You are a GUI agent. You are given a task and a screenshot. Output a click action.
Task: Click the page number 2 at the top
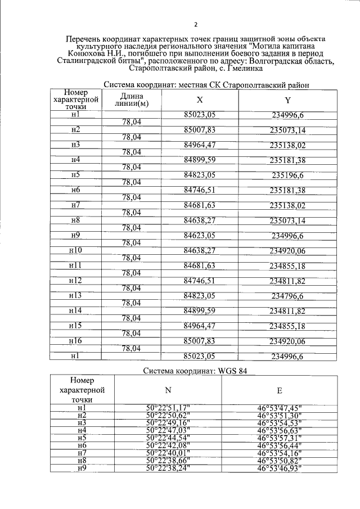[195, 24]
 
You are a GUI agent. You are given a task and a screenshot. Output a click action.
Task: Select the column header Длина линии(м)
[131, 100]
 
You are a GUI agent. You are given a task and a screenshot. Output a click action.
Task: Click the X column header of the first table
[200, 100]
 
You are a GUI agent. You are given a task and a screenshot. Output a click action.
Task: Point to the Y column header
[287, 100]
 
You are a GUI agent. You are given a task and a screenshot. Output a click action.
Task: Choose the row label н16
[75, 340]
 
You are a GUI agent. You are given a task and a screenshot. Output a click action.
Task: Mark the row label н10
[75, 250]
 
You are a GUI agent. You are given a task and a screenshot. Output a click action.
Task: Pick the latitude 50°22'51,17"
[168, 407]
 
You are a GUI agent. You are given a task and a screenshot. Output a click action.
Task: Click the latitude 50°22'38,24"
[168, 466]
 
